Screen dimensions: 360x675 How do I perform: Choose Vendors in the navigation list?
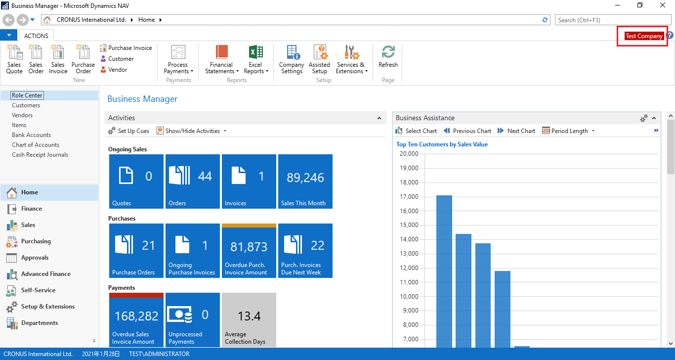pyautogui.click(x=22, y=115)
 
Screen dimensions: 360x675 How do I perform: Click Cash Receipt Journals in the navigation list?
pyautogui.click(x=40, y=155)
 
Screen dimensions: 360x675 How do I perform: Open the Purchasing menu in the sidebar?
pyautogui.click(x=36, y=241)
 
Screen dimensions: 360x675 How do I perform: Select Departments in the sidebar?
pyautogui.click(x=39, y=323)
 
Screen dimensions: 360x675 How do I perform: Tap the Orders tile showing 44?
pyautogui.click(x=193, y=181)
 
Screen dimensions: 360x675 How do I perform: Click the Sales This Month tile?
pyautogui.click(x=305, y=181)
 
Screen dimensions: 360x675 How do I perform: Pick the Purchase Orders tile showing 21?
pyautogui.click(x=136, y=250)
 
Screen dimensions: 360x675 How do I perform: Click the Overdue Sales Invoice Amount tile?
pyautogui.click(x=136, y=319)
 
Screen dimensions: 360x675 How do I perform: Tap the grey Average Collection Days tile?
pyautogui.click(x=249, y=319)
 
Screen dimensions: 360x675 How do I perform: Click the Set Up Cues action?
pyautogui.click(x=129, y=131)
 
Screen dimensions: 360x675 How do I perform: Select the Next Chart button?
pyautogui.click(x=516, y=131)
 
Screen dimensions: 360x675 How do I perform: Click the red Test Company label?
pyautogui.click(x=644, y=36)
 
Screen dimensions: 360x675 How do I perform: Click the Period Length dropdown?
pyautogui.click(x=569, y=131)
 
